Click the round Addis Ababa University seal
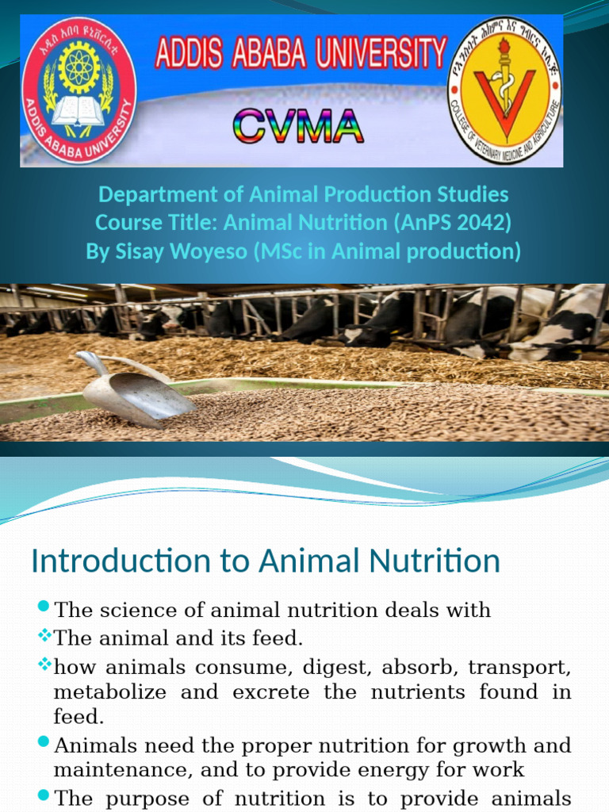[x=79, y=90]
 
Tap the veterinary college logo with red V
[x=505, y=90]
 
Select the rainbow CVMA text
[x=298, y=127]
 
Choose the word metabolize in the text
[x=109, y=691]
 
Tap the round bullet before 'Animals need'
[x=44, y=745]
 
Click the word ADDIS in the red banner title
[x=188, y=55]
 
